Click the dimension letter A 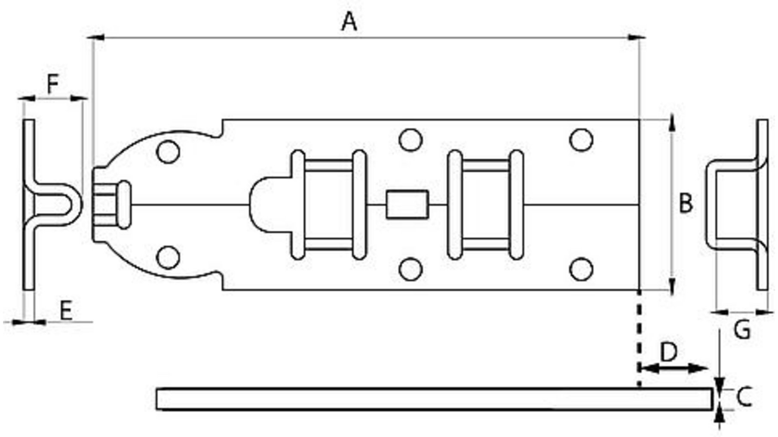pos(349,21)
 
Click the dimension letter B pos(686,203)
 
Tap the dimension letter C pos(744,397)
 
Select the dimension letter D pos(669,352)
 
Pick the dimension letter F pos(52,84)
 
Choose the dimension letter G pos(742,330)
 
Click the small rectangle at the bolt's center pos(407,204)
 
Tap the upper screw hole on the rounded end pos(168,152)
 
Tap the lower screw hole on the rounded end pos(168,257)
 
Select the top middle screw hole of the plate pos(410,140)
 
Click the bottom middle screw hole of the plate pos(410,269)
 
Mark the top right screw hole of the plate pos(581,140)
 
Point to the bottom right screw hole pos(581,269)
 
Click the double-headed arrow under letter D pos(673,368)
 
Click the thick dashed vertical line pos(640,339)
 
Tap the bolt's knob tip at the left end pos(124,205)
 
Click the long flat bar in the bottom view pos(434,399)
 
